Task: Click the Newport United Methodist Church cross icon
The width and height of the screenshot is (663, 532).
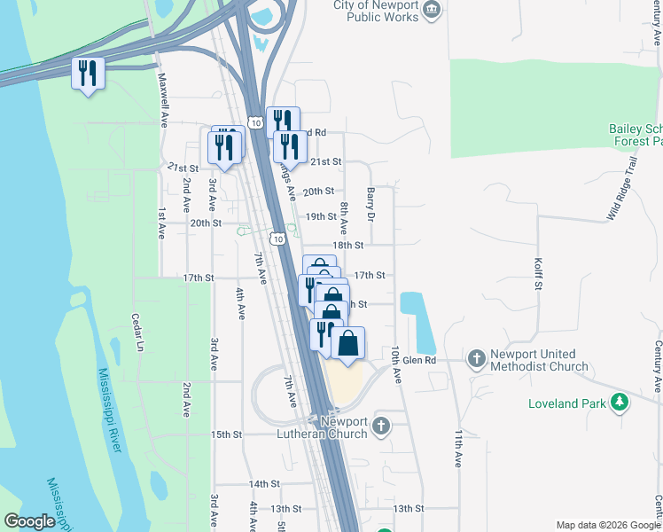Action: [476, 358]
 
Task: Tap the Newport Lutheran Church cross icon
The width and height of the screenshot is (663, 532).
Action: [381, 426]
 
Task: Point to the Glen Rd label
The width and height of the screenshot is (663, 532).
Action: [419, 360]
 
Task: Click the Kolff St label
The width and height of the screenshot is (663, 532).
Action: [537, 274]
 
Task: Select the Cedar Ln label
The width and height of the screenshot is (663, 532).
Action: [137, 332]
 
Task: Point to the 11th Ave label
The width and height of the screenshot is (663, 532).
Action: [458, 449]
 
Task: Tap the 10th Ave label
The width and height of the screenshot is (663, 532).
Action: [397, 364]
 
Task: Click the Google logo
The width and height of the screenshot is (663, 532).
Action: [29, 522]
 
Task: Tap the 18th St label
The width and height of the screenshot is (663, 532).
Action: [347, 245]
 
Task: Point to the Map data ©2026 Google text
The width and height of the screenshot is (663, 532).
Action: [607, 525]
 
